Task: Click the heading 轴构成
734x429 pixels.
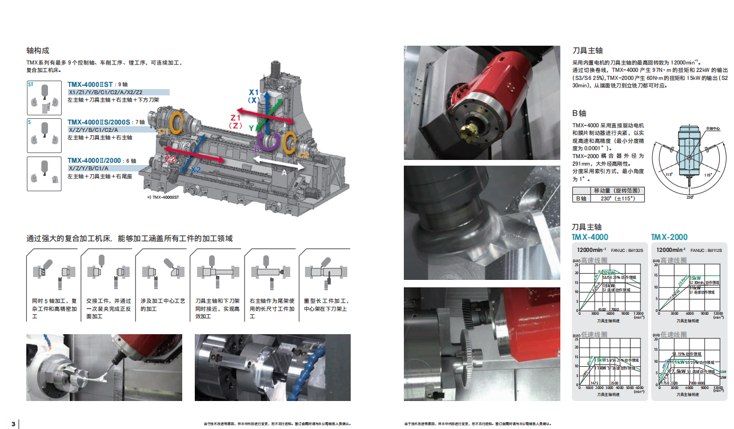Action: (38, 50)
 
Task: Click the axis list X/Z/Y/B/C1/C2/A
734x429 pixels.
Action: (94, 130)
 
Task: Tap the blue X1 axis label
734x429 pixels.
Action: (254, 92)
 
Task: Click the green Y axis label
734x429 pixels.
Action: (251, 129)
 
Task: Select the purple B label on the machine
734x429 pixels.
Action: (257, 150)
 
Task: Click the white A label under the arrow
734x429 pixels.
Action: (284, 171)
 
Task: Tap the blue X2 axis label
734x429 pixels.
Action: (195, 170)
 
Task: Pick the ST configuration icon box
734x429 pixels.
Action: (44, 97)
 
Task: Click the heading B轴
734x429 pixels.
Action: (579, 113)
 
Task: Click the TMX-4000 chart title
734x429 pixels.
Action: (590, 237)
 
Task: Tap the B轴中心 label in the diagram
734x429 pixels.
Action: (713, 129)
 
